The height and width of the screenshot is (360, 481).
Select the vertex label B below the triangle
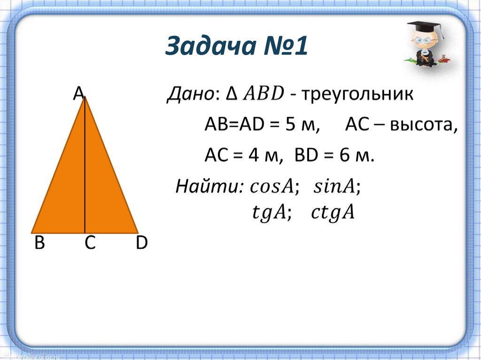point(39,244)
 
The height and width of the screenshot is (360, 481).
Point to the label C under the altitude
point(90,244)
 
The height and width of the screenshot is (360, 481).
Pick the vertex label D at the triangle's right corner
point(141,244)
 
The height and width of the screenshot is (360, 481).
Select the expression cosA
point(272,187)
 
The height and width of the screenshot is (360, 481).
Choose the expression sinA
point(334,187)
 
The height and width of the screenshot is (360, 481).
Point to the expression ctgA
point(332,214)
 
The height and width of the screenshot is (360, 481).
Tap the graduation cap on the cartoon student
point(425,27)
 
